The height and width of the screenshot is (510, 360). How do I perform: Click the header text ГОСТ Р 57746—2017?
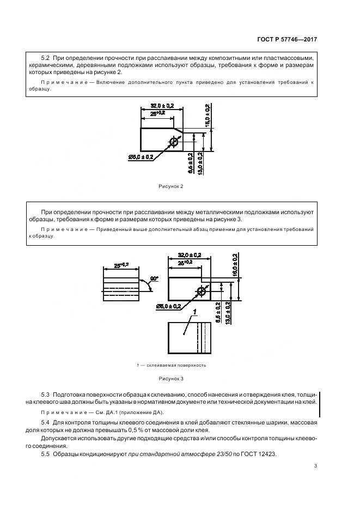pos(286,39)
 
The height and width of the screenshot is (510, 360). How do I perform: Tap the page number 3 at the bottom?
pos(316,465)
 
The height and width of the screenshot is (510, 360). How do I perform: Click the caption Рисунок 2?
pos(170,186)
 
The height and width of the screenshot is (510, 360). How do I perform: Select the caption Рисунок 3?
pos(171,377)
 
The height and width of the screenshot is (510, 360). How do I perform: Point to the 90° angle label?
pos(154,279)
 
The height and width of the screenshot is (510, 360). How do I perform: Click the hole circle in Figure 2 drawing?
pos(174,142)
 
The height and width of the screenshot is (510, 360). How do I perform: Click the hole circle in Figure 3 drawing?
pos(202,292)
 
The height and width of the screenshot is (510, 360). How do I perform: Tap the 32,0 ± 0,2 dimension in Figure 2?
pos(161,106)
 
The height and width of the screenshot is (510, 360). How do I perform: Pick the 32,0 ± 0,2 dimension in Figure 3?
pos(189,255)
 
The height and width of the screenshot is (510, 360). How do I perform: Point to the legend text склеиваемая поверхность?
pos(176,365)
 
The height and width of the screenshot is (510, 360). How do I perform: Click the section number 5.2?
pos(45,57)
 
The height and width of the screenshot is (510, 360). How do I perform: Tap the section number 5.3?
pos(45,393)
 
